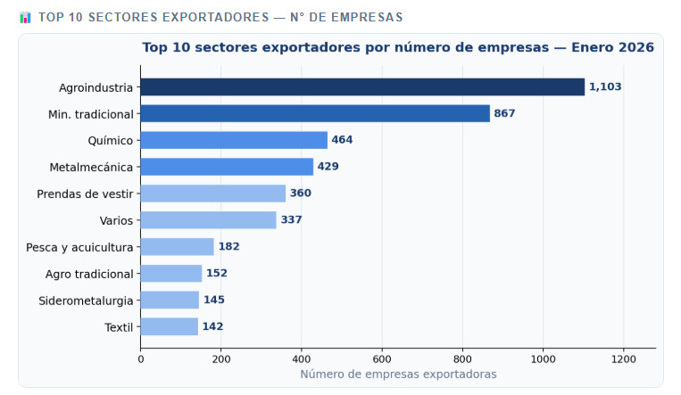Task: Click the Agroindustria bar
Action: click(x=362, y=87)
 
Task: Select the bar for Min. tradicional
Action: click(x=315, y=113)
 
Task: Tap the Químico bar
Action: click(x=234, y=140)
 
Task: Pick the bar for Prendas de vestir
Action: click(x=213, y=193)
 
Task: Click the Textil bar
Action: click(x=169, y=326)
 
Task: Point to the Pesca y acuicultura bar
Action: click(x=177, y=247)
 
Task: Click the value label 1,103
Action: click(x=605, y=87)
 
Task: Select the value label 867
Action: click(x=504, y=113)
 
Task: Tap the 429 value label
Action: click(x=328, y=167)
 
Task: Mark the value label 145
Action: click(x=214, y=300)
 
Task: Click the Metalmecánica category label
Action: click(x=92, y=167)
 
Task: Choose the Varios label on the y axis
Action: click(x=116, y=220)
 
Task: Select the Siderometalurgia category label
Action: click(x=86, y=300)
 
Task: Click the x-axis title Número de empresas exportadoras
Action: click(x=398, y=374)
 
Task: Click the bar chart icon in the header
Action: click(x=25, y=17)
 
